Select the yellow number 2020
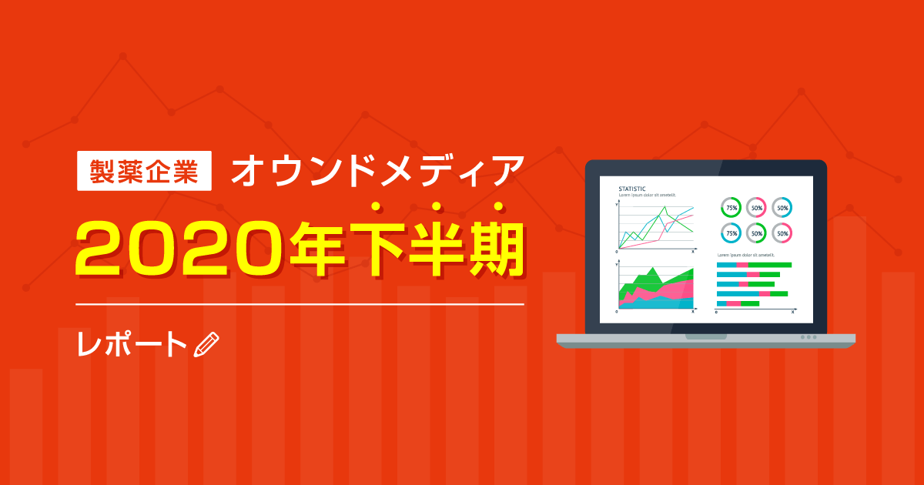pos(179,248)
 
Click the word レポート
pos(132,345)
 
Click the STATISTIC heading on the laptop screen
pos(632,189)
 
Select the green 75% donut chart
pos(731,207)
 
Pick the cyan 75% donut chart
pos(731,232)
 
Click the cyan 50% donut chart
pos(782,207)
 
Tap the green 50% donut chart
pos(757,232)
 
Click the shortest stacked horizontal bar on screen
pos(738,303)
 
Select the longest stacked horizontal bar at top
pos(754,265)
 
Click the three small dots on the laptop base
pos(808,337)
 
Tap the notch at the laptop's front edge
pos(705,336)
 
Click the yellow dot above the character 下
pos(437,206)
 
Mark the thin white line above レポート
pos(300,304)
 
